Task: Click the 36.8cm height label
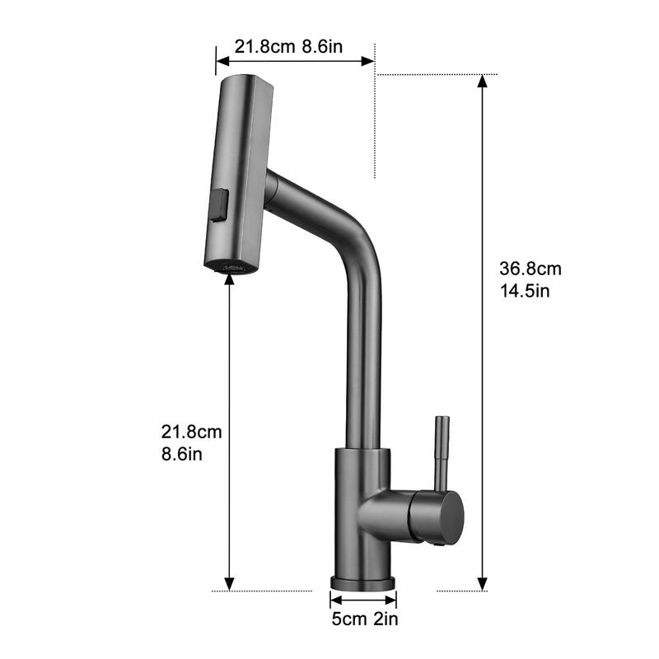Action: coord(530,269)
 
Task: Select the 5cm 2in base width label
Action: coord(363,618)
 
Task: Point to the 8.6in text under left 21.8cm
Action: coord(182,454)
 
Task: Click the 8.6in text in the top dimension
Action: coord(321,46)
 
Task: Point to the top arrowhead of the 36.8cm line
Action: coord(483,80)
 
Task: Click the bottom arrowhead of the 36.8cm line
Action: coord(483,586)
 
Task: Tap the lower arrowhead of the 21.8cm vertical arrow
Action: coord(231,586)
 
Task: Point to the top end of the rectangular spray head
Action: coord(244,81)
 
